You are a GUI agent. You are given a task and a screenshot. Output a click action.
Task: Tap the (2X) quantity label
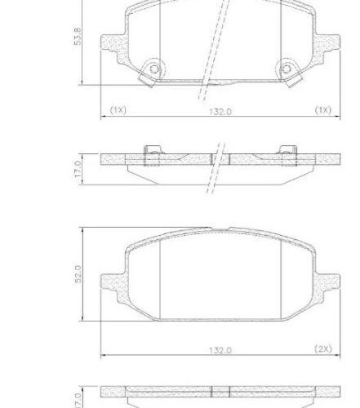(x=323, y=348)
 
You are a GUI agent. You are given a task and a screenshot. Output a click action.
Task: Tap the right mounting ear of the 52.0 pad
(x=327, y=282)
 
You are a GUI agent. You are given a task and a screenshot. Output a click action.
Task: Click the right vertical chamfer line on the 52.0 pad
(x=280, y=277)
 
